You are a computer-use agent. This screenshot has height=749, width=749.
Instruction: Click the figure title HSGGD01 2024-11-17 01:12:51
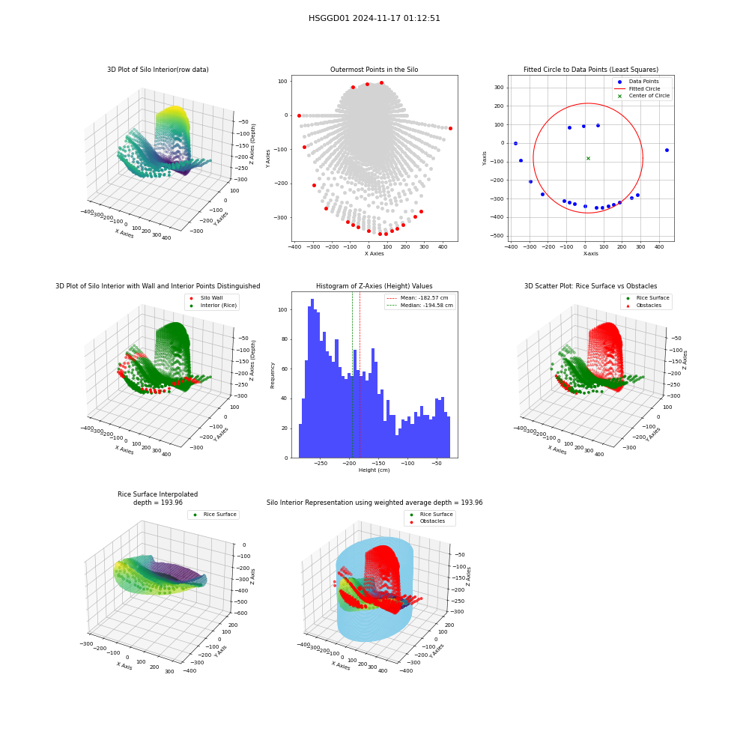point(374,18)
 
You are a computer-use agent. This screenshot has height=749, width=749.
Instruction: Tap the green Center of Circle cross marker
point(588,159)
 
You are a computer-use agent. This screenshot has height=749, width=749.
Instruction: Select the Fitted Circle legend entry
point(642,89)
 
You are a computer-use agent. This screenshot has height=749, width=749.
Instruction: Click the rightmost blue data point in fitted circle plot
point(667,150)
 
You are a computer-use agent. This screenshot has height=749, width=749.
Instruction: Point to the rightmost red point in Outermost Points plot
point(450,129)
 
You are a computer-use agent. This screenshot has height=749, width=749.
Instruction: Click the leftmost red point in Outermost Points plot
point(299,115)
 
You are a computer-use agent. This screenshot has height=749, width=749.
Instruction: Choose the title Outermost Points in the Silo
point(374,69)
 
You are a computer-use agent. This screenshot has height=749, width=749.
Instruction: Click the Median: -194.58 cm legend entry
point(420,306)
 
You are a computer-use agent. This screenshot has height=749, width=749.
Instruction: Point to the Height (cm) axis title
point(374,470)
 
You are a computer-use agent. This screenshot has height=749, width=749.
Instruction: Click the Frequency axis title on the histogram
point(273,375)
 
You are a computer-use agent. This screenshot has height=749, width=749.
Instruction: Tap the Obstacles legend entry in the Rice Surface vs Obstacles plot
point(648,306)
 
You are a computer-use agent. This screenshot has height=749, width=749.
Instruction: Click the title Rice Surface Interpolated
point(157,494)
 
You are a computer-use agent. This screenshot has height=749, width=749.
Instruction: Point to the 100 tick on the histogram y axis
point(283,309)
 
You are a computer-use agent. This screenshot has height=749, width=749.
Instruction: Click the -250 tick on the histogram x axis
point(321,464)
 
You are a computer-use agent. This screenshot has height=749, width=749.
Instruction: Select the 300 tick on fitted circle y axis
point(499,88)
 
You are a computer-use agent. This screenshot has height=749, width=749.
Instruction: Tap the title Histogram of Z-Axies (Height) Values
point(374,285)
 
